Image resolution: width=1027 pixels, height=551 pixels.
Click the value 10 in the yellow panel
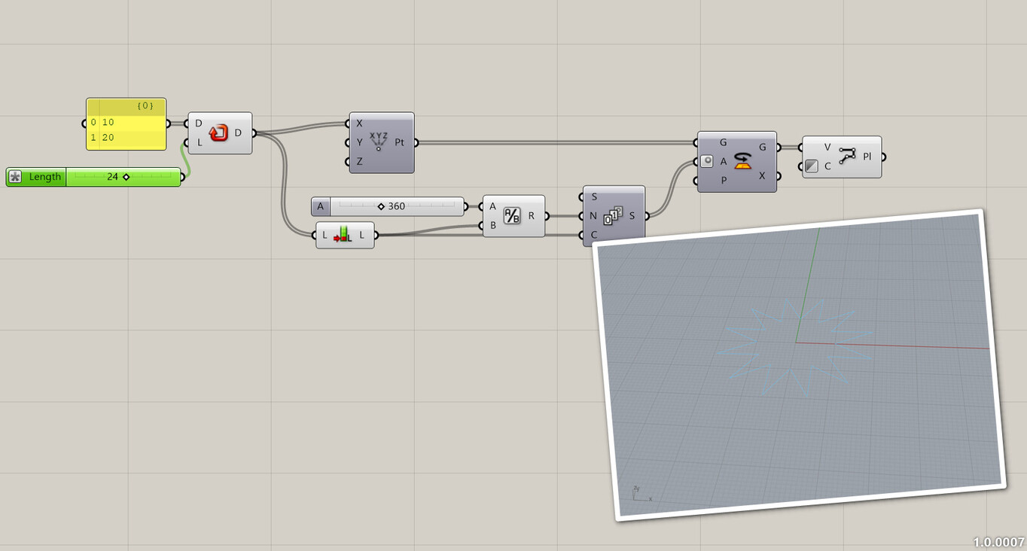coord(108,122)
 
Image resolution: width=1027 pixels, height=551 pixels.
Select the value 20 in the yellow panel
coord(108,138)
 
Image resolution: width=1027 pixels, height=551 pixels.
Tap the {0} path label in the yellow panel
coord(145,106)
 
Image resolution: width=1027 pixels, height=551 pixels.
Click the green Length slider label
coord(44,177)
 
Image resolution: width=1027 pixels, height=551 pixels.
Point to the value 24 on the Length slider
coord(113,177)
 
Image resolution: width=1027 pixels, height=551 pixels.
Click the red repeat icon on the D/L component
coord(218,133)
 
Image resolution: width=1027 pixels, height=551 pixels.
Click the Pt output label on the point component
coord(399,142)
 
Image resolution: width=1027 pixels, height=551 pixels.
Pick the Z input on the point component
coord(359,161)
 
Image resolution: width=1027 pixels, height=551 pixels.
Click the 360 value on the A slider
coord(396,206)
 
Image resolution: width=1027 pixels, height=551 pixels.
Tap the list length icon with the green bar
coord(343,235)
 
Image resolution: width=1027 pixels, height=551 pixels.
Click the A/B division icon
coord(512,216)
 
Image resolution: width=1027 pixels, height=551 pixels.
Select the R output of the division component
coord(532,216)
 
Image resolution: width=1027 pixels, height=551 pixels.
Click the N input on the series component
coord(593,216)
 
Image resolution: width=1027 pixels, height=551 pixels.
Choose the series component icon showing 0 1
coord(613,216)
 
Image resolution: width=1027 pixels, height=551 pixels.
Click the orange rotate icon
coord(743,160)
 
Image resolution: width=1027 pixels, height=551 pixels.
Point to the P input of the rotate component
coord(724,181)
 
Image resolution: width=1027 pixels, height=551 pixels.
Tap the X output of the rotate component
coord(762,176)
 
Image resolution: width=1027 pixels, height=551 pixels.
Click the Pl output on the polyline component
coord(867,157)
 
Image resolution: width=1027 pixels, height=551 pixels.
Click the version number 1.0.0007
coord(998,542)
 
